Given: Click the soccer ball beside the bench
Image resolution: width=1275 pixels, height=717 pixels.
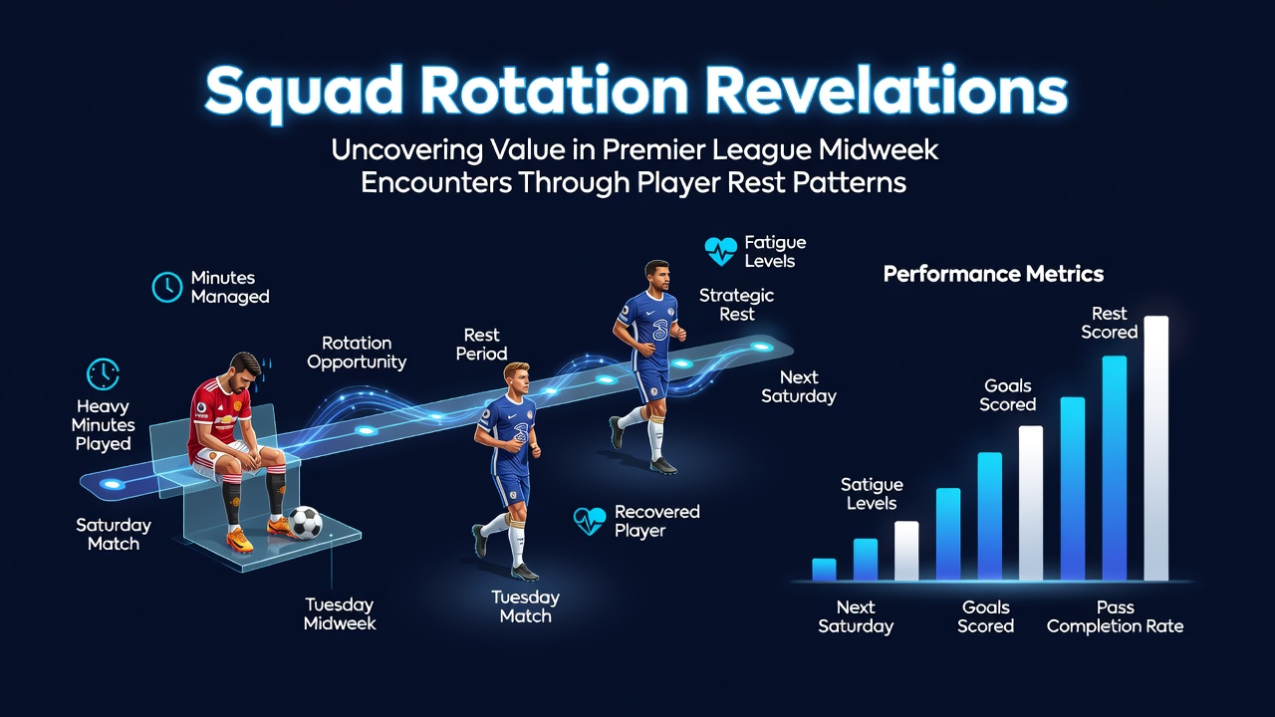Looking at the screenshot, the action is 305,523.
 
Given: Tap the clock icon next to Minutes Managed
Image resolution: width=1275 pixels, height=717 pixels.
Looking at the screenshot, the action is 167,287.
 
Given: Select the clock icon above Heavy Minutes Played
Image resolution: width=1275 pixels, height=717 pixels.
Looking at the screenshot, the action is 103,373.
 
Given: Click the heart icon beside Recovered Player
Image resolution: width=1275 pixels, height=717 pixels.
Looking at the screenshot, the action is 589,521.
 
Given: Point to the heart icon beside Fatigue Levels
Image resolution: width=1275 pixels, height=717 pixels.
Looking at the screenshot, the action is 720,251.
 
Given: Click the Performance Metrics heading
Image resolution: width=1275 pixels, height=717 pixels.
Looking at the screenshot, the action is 993,274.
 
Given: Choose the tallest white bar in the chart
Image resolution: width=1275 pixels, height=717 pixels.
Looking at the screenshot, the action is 1156,448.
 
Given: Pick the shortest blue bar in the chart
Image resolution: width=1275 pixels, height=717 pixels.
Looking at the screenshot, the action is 824,570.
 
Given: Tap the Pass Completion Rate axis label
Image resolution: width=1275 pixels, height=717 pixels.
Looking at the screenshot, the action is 1115,616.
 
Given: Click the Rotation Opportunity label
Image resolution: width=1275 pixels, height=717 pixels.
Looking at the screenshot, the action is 357,353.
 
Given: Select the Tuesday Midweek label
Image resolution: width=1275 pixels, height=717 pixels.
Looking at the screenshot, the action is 340,614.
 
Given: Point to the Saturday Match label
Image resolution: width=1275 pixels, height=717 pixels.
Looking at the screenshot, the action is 114,535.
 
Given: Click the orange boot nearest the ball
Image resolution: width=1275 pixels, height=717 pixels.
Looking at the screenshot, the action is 281,527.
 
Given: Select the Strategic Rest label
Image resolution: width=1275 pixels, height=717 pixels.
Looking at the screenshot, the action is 736,305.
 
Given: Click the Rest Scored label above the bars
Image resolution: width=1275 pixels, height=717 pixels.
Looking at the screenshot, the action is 1109,323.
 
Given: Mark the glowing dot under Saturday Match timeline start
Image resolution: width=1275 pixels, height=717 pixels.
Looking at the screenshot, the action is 113,484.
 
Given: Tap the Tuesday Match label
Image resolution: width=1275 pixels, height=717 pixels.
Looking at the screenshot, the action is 525,606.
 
